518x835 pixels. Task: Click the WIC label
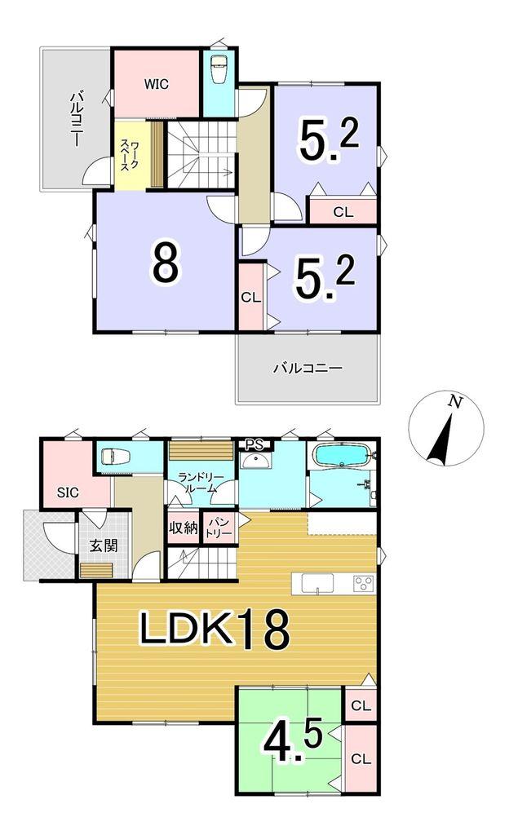coord(156,84)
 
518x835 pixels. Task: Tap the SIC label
coord(68,493)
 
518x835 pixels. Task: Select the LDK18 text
coord(215,629)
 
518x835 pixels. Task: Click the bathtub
coord(342,455)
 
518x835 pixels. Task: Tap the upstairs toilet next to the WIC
coord(219,69)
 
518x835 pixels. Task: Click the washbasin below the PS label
coord(255,461)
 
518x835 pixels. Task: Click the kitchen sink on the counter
coord(318,583)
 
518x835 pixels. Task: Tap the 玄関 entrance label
coord(103,546)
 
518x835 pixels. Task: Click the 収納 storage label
coord(184,528)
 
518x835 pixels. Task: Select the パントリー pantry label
coord(219,528)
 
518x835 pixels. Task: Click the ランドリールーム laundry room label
coord(197,483)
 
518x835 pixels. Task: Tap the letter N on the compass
coord(454,402)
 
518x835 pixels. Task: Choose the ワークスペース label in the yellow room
coord(129,156)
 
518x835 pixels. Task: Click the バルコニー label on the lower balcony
coord(308,368)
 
